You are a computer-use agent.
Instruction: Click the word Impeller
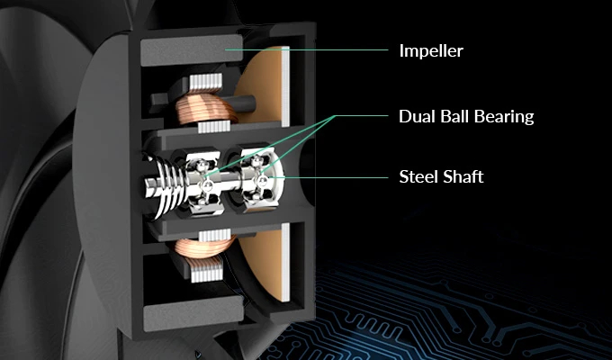click(x=431, y=51)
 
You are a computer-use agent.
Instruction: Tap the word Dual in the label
click(x=417, y=116)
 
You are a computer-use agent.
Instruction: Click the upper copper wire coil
click(x=206, y=108)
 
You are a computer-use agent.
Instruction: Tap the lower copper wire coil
click(x=205, y=247)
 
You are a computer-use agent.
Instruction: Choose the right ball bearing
click(x=259, y=179)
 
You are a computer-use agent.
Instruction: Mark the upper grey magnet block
click(x=191, y=50)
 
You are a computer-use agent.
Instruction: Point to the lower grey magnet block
click(x=193, y=313)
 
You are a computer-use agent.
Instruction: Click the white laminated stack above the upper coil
click(x=205, y=83)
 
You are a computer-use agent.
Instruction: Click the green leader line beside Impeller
click(x=306, y=49)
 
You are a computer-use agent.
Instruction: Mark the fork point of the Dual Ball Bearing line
click(x=335, y=116)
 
